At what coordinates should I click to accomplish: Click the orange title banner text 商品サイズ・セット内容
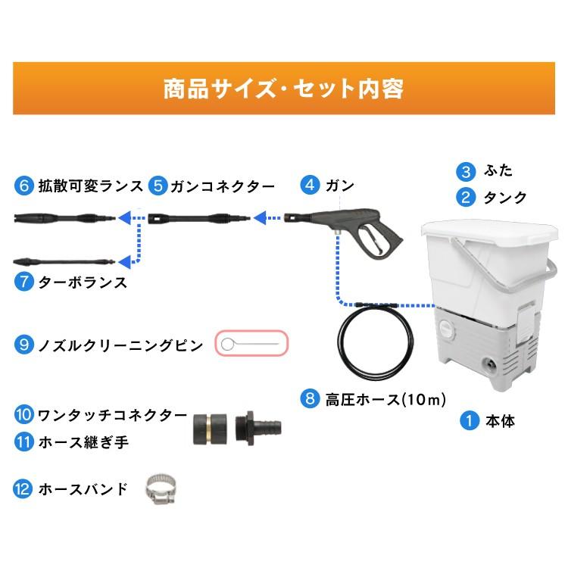(x=283, y=88)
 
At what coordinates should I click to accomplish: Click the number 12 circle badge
(x=24, y=488)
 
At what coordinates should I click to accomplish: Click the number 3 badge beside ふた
(x=467, y=170)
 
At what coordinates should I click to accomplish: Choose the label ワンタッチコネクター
(x=112, y=414)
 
